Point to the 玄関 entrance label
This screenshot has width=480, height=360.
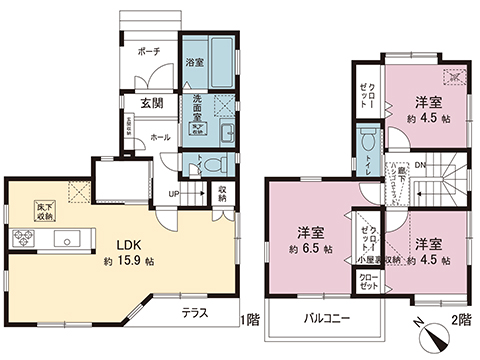[x=152, y=104]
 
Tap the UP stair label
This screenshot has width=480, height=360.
[x=173, y=194]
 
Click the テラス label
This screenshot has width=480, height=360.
[x=196, y=313]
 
